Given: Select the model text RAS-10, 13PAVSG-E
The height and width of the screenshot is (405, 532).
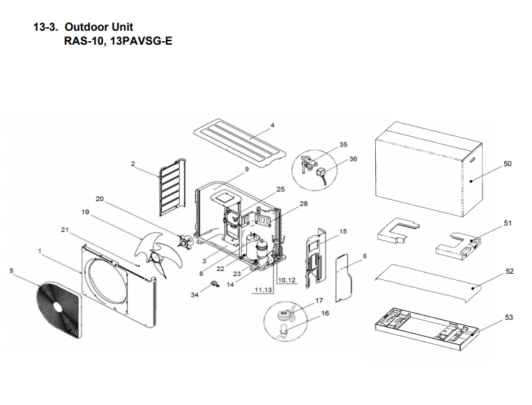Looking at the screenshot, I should [118, 41].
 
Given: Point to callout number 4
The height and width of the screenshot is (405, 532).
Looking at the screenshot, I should [273, 126].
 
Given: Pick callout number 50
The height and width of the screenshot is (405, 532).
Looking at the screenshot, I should [508, 163].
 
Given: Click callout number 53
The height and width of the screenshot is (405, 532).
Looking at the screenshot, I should [509, 318].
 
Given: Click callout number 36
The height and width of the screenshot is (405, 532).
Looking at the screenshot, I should [353, 159].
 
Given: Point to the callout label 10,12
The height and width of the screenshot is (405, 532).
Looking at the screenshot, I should [287, 280].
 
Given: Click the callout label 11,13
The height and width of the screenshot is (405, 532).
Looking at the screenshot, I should [264, 290].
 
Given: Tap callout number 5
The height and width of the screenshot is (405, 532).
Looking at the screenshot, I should [11, 270].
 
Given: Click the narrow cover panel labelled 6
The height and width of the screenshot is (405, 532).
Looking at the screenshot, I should [345, 277].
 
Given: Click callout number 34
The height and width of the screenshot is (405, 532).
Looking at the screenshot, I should [194, 295].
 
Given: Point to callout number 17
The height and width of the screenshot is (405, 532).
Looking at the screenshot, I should [320, 300].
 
